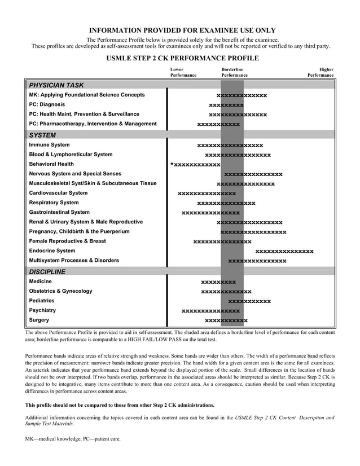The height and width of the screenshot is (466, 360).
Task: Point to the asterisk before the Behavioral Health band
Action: (172, 165)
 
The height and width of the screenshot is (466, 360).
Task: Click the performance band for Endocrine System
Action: (284, 251)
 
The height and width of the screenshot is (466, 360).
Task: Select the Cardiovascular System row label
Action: (58, 193)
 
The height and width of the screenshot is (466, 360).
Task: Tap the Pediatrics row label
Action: (42, 301)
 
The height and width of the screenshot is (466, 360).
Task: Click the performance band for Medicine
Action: (218, 282)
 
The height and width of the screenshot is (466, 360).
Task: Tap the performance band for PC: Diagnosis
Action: (226, 105)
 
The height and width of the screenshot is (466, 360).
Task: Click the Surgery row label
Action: (39, 320)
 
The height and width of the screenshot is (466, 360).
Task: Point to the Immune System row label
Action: (50, 145)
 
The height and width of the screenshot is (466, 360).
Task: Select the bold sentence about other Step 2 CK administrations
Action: (120, 405)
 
